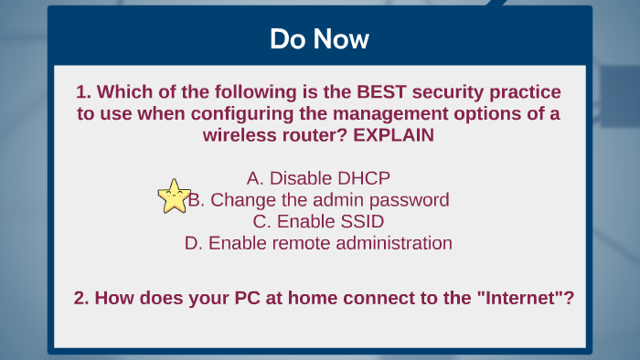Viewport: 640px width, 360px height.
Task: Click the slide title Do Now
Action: (319, 39)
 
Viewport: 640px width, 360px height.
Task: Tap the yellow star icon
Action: (174, 196)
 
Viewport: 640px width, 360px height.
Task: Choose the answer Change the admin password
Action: (319, 199)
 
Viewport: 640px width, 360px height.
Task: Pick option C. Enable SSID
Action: (319, 221)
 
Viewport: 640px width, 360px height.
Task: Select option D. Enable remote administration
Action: (319, 243)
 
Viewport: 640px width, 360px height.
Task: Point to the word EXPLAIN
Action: (393, 135)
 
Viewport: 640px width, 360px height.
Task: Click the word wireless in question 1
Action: (238, 135)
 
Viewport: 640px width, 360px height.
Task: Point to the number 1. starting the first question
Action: (83, 92)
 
